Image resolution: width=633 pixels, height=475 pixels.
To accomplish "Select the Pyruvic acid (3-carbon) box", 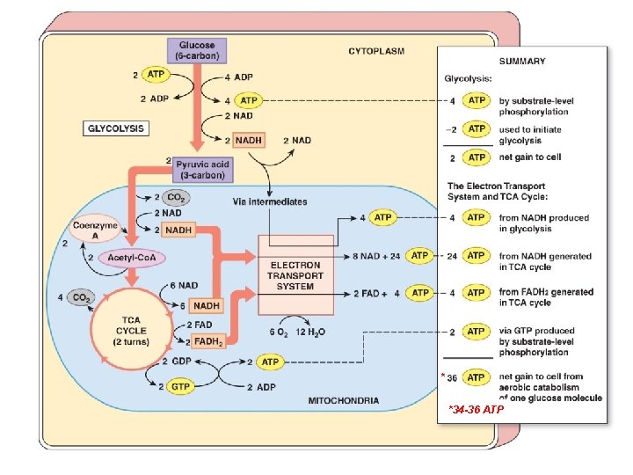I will tap(203, 169).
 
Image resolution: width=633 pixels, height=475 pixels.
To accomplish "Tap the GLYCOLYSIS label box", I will tap(116, 128).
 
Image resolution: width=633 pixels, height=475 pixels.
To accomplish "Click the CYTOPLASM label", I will tap(376, 51).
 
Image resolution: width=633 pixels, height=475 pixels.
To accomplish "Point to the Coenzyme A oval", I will tap(96, 228).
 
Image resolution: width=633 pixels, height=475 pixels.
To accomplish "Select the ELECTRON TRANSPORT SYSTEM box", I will tap(295, 275).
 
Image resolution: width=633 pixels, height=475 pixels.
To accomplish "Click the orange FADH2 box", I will tap(207, 340).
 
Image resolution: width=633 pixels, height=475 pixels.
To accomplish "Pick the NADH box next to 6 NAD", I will tap(207, 305).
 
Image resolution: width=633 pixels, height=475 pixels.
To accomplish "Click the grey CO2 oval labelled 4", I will tap(80, 297).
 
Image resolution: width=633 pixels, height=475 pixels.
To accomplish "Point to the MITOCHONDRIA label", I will tap(344, 401).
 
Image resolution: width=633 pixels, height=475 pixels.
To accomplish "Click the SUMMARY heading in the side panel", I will tap(522, 62).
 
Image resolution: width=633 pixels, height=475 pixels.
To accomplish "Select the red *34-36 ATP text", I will tap(476, 410).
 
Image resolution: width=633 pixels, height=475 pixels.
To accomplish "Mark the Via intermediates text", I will tap(270, 201).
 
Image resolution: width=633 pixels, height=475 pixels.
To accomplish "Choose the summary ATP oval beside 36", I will tap(476, 377).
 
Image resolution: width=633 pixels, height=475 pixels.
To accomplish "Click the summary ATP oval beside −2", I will tap(476, 128).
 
